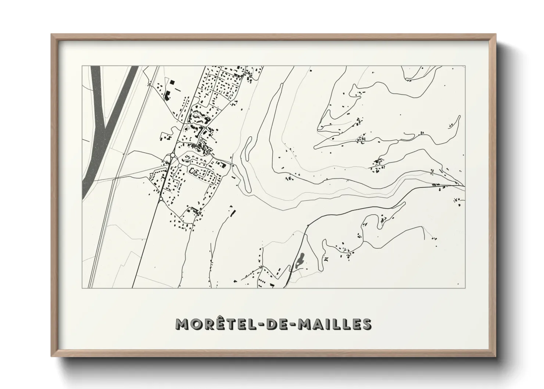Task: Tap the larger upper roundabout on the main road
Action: pyautogui.click(x=172, y=156)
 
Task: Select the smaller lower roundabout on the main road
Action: pyautogui.click(x=161, y=199)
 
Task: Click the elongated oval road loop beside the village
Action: pyautogui.click(x=247, y=147)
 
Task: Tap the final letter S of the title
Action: pyautogui.click(x=366, y=324)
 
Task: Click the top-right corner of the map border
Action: pyautogui.click(x=465, y=66)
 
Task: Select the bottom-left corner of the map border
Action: pyautogui.click(x=82, y=288)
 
